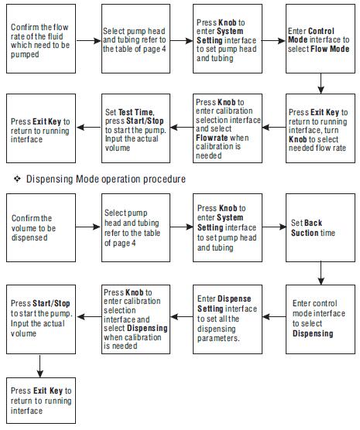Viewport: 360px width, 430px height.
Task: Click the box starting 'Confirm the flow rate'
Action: click(41, 39)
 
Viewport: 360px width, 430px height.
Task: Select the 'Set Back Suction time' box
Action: click(321, 227)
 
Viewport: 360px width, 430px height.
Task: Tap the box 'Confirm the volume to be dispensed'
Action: click(41, 227)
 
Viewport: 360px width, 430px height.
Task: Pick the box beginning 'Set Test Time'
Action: click(136, 128)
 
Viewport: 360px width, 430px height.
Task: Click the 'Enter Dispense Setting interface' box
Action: click(228, 319)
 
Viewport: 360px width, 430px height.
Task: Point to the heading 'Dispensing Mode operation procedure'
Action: click(106, 179)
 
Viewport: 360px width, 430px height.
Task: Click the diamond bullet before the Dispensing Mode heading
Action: click(17, 179)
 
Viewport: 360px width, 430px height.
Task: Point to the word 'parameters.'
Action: click(218, 338)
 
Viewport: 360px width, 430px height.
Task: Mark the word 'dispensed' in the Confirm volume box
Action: click(29, 237)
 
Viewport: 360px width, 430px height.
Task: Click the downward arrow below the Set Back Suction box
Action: click(321, 273)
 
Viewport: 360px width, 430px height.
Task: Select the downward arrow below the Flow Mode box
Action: click(321, 84)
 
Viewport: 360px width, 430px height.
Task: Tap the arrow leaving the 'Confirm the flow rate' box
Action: click(89, 41)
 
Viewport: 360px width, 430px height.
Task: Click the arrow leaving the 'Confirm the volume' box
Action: click(88, 227)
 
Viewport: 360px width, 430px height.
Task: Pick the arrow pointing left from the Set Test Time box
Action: click(89, 128)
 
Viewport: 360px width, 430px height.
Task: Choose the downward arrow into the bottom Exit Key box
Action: click(39, 366)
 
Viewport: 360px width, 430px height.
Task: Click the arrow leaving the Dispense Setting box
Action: click(182, 317)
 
